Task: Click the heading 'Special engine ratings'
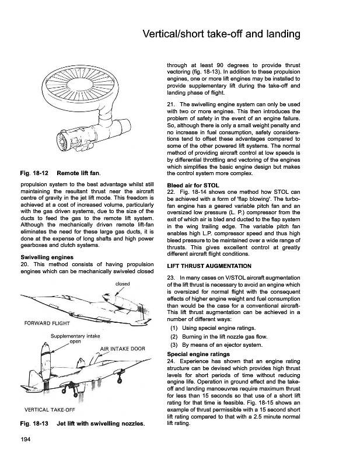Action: tap(200, 354)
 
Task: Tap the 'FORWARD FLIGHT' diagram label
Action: tap(47, 322)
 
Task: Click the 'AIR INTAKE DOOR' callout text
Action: tap(123, 349)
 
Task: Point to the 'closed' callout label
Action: tap(123, 284)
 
